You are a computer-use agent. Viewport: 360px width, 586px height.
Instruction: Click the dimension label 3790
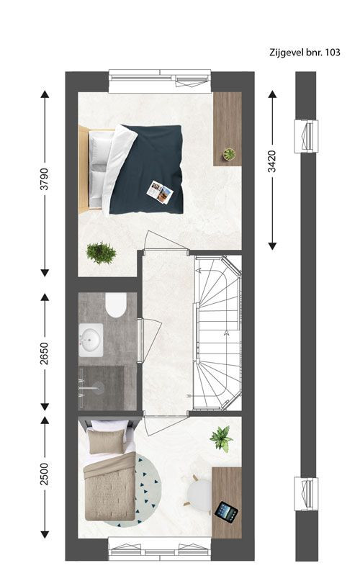[x=44, y=179]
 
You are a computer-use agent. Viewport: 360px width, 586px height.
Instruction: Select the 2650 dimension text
[x=44, y=353]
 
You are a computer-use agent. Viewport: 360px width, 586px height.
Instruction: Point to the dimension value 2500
[x=44, y=474]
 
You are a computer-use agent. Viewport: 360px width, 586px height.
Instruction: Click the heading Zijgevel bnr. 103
[x=305, y=53]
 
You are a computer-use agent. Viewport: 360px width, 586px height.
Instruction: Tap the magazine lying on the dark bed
[x=160, y=192]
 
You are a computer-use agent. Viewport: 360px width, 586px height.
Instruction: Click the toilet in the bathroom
[x=116, y=305]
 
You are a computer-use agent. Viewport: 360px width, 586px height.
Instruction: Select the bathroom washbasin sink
[x=91, y=340]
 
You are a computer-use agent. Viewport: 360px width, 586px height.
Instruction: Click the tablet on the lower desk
[x=226, y=512]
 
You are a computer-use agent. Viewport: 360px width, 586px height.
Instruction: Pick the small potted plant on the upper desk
[x=229, y=153]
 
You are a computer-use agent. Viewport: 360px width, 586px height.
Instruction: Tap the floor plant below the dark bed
[x=101, y=253]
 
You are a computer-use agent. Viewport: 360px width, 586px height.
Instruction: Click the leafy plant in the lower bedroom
[x=220, y=438]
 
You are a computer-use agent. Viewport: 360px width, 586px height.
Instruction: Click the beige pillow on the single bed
[x=107, y=441]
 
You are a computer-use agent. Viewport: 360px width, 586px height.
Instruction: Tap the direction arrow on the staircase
[x=226, y=333]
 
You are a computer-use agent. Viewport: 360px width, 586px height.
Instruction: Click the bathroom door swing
[x=150, y=340]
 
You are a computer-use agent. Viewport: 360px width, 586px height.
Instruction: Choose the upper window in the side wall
[x=306, y=136]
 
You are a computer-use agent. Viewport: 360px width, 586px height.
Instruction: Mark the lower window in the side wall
[x=306, y=494]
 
